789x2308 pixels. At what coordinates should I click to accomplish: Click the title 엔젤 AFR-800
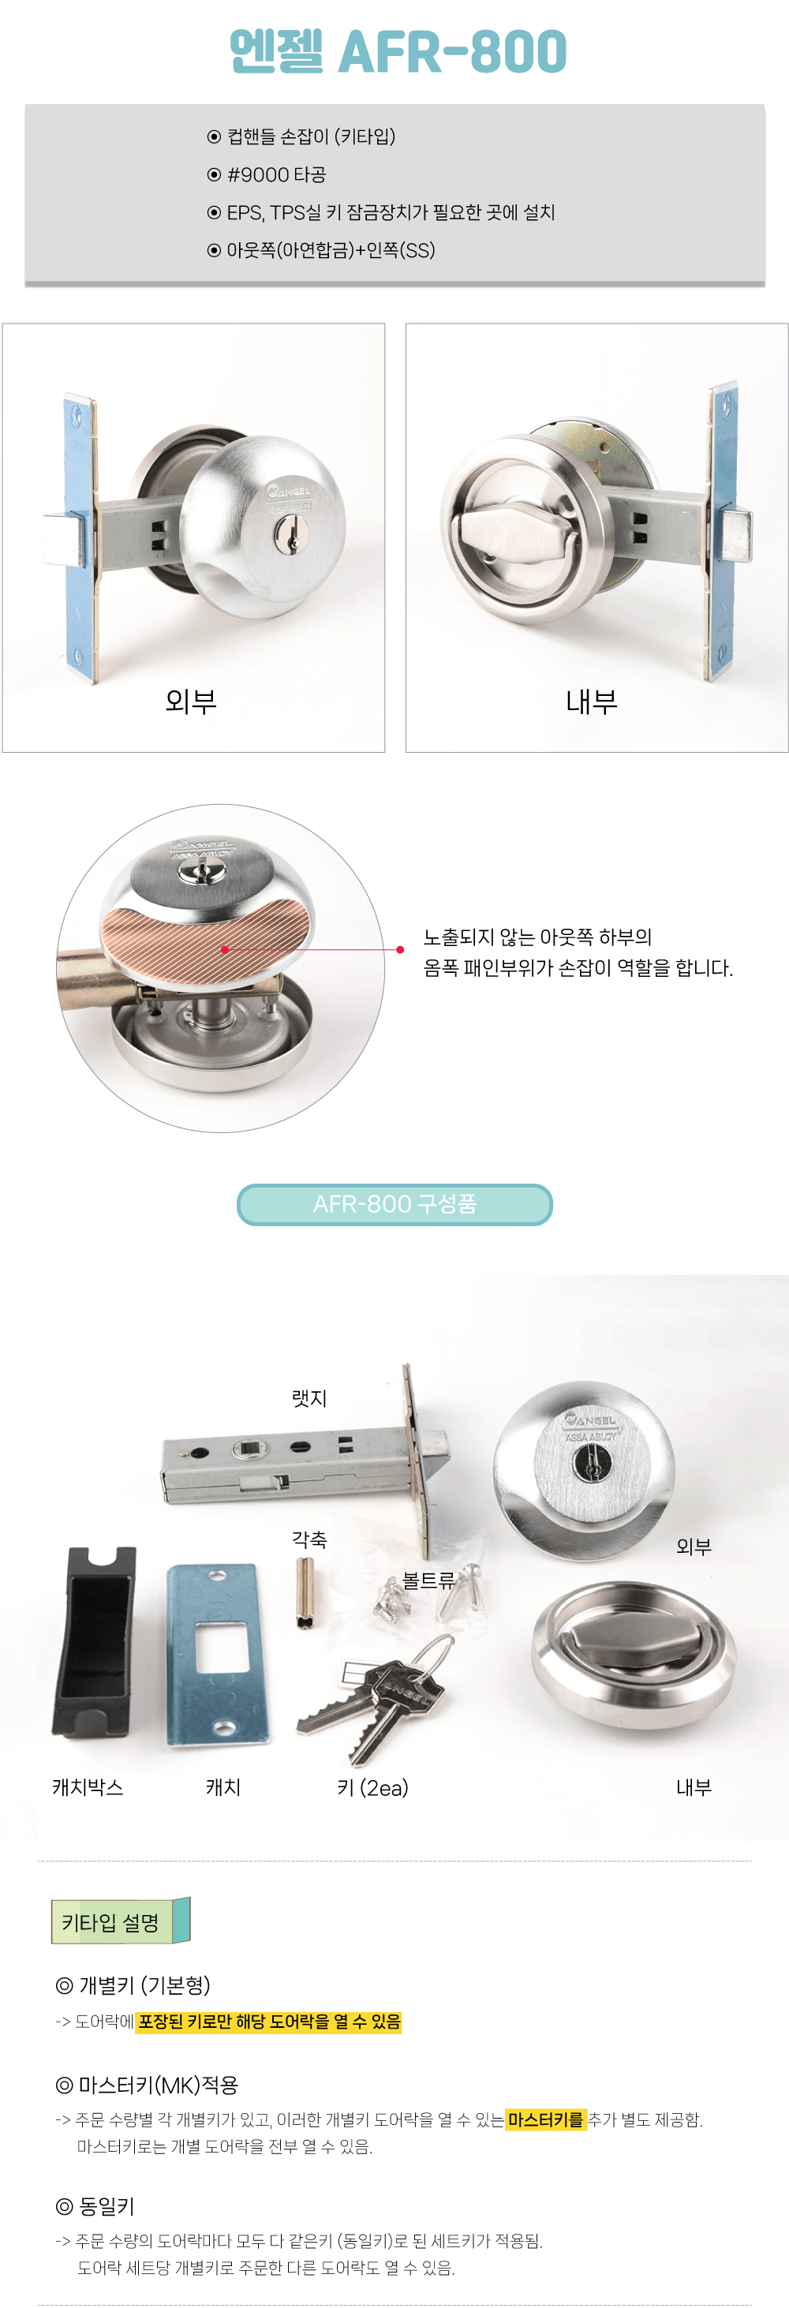398,51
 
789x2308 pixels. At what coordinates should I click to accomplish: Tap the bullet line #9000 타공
267,174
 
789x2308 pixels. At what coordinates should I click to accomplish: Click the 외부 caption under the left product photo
191,701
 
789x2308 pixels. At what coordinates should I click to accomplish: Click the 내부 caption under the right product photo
591,701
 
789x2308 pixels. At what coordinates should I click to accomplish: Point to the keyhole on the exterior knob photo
292,537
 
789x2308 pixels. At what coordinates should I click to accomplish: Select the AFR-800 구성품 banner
394,1204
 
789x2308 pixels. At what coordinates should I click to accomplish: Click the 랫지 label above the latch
309,1397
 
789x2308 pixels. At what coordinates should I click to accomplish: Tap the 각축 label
309,1539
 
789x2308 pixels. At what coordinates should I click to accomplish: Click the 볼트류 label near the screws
428,1580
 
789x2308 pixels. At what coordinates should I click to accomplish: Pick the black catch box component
94,1640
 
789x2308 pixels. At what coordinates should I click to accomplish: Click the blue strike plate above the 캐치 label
218,1654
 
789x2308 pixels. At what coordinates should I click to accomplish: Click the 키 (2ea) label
372,1787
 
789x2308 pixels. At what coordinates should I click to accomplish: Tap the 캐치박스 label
88,1787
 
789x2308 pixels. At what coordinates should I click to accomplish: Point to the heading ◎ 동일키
95,2206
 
